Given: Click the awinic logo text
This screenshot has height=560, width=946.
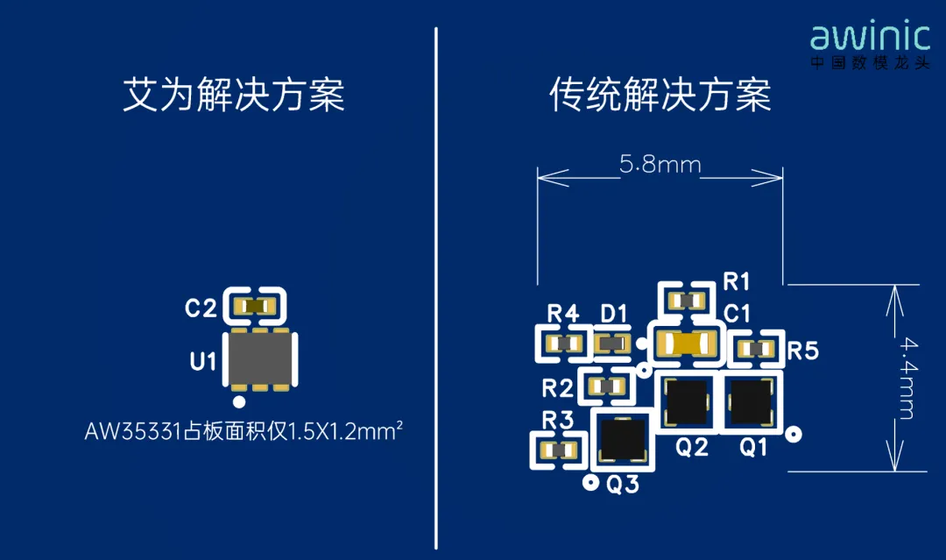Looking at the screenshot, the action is [x=870, y=37].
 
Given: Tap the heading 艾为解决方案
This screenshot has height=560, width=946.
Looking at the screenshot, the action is [x=234, y=95].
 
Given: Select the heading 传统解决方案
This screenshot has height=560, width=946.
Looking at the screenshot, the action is [x=660, y=95].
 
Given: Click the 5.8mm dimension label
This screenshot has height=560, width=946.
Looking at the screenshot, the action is [x=660, y=164].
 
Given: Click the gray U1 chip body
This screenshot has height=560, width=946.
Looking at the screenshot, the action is [x=260, y=360].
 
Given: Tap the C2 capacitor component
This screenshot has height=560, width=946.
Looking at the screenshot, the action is [x=255, y=307].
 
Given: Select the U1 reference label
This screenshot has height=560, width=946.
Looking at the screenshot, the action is [x=202, y=361].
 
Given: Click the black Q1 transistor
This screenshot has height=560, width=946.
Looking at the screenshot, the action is [x=752, y=401].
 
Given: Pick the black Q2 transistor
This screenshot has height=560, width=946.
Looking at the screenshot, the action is [x=686, y=401].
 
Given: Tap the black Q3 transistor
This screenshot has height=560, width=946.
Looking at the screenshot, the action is [x=623, y=439].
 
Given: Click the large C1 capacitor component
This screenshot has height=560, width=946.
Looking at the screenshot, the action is [x=686, y=344].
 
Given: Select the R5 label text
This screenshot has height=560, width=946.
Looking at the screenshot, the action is [x=803, y=351].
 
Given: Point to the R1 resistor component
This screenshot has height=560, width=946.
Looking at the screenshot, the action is [x=687, y=301].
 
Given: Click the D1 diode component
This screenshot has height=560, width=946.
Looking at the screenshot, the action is [x=611, y=344].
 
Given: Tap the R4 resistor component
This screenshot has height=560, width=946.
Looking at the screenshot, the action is [x=563, y=344].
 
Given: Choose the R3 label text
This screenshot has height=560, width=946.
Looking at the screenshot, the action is [x=557, y=420].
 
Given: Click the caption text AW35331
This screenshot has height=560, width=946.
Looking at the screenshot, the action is [x=133, y=431].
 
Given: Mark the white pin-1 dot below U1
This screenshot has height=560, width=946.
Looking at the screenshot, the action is [x=239, y=401].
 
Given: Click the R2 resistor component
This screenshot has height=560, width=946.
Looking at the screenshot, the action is [x=606, y=386].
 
